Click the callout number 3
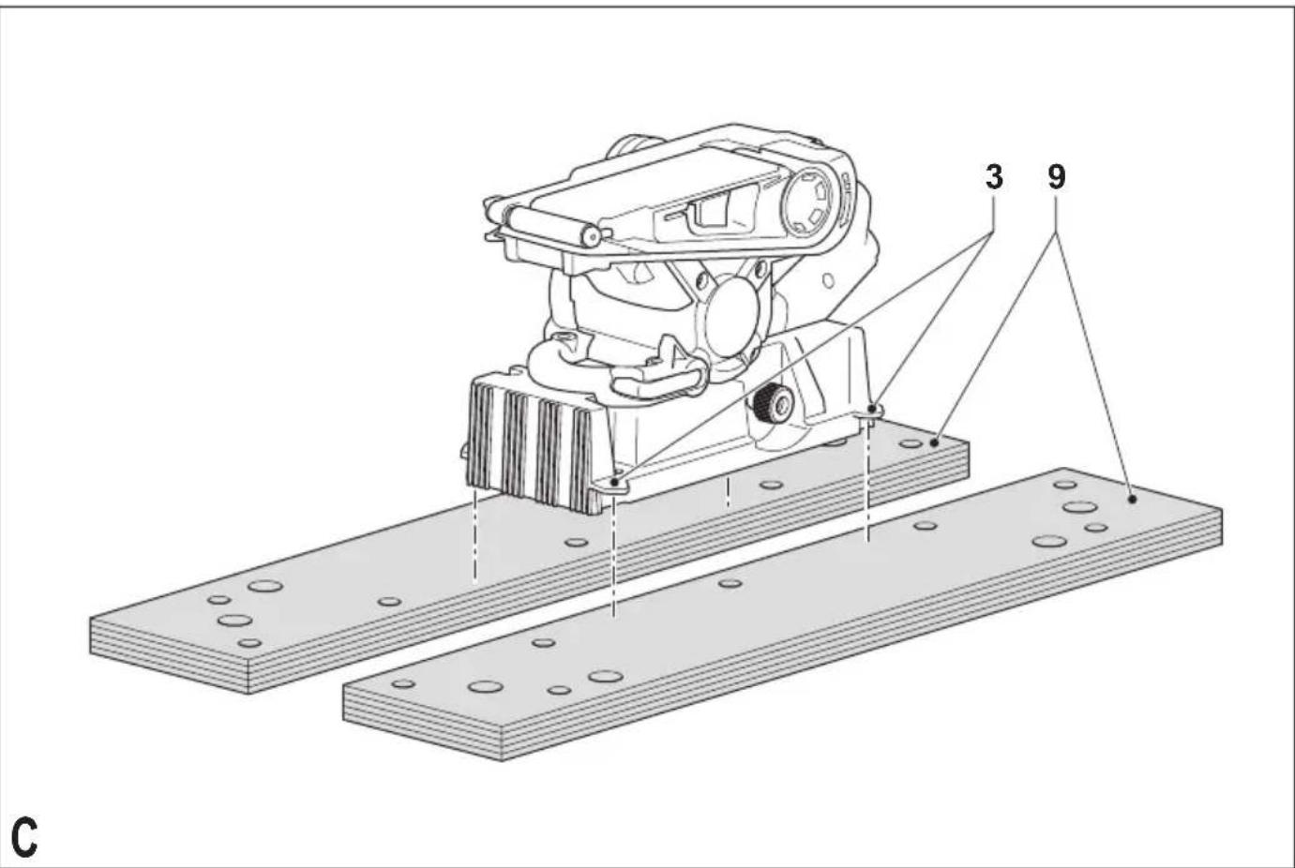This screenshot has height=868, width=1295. (x=994, y=177)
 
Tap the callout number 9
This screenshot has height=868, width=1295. (x=1056, y=177)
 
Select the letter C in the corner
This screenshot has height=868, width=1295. (x=23, y=837)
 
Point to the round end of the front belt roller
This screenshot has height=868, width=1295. (x=592, y=237)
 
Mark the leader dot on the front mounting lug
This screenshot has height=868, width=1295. (x=615, y=482)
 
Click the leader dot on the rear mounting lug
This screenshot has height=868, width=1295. (x=872, y=408)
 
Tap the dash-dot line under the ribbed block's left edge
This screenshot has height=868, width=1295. (x=475, y=536)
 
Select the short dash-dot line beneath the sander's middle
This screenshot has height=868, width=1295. (x=728, y=492)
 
